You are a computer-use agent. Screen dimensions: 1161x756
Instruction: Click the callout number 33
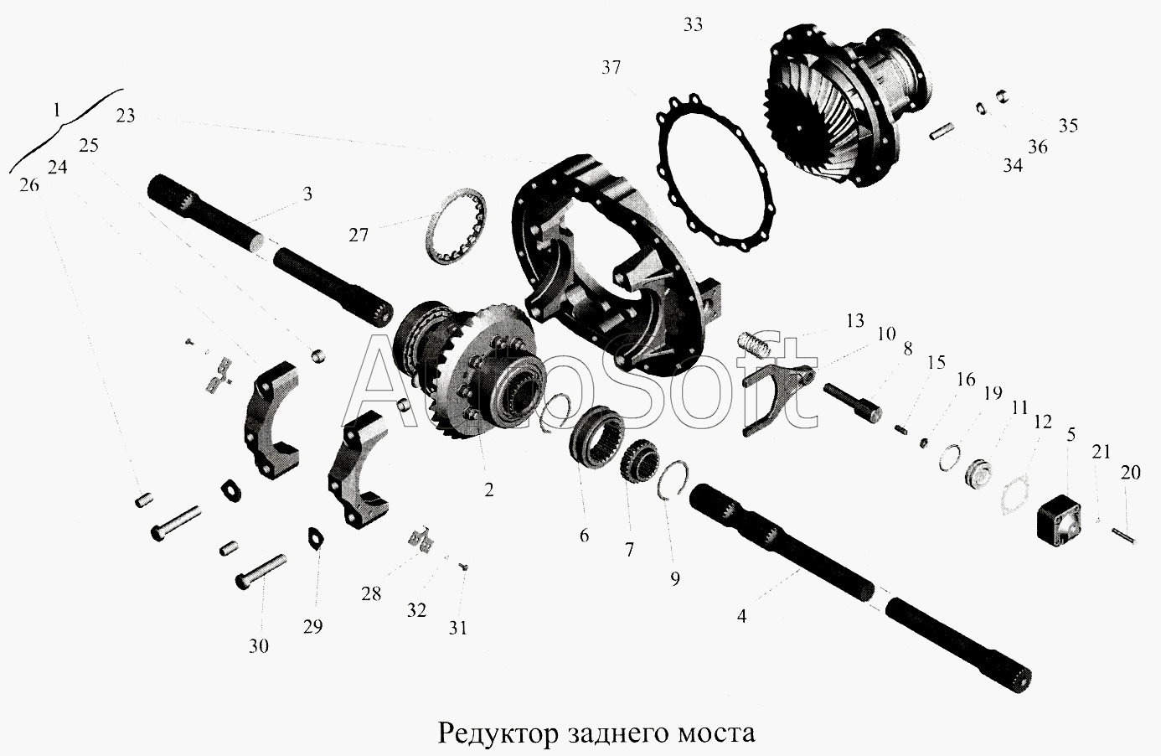pyautogui.click(x=693, y=25)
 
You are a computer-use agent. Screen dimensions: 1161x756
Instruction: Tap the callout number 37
pyautogui.click(x=611, y=68)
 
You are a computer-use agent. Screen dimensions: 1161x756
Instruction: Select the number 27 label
pyautogui.click(x=359, y=236)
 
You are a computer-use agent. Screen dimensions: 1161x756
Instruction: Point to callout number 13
pyautogui.click(x=855, y=321)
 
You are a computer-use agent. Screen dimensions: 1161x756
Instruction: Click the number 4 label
pyautogui.click(x=741, y=617)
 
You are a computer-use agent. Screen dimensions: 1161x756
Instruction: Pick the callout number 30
pyautogui.click(x=259, y=646)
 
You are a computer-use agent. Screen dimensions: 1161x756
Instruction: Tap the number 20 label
pyautogui.click(x=1130, y=473)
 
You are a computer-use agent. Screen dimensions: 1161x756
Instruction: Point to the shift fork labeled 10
pyautogui.click(x=777, y=398)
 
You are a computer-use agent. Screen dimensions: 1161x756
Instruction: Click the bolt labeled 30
pyautogui.click(x=261, y=572)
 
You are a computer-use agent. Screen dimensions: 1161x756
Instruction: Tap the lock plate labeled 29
pyautogui.click(x=315, y=536)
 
